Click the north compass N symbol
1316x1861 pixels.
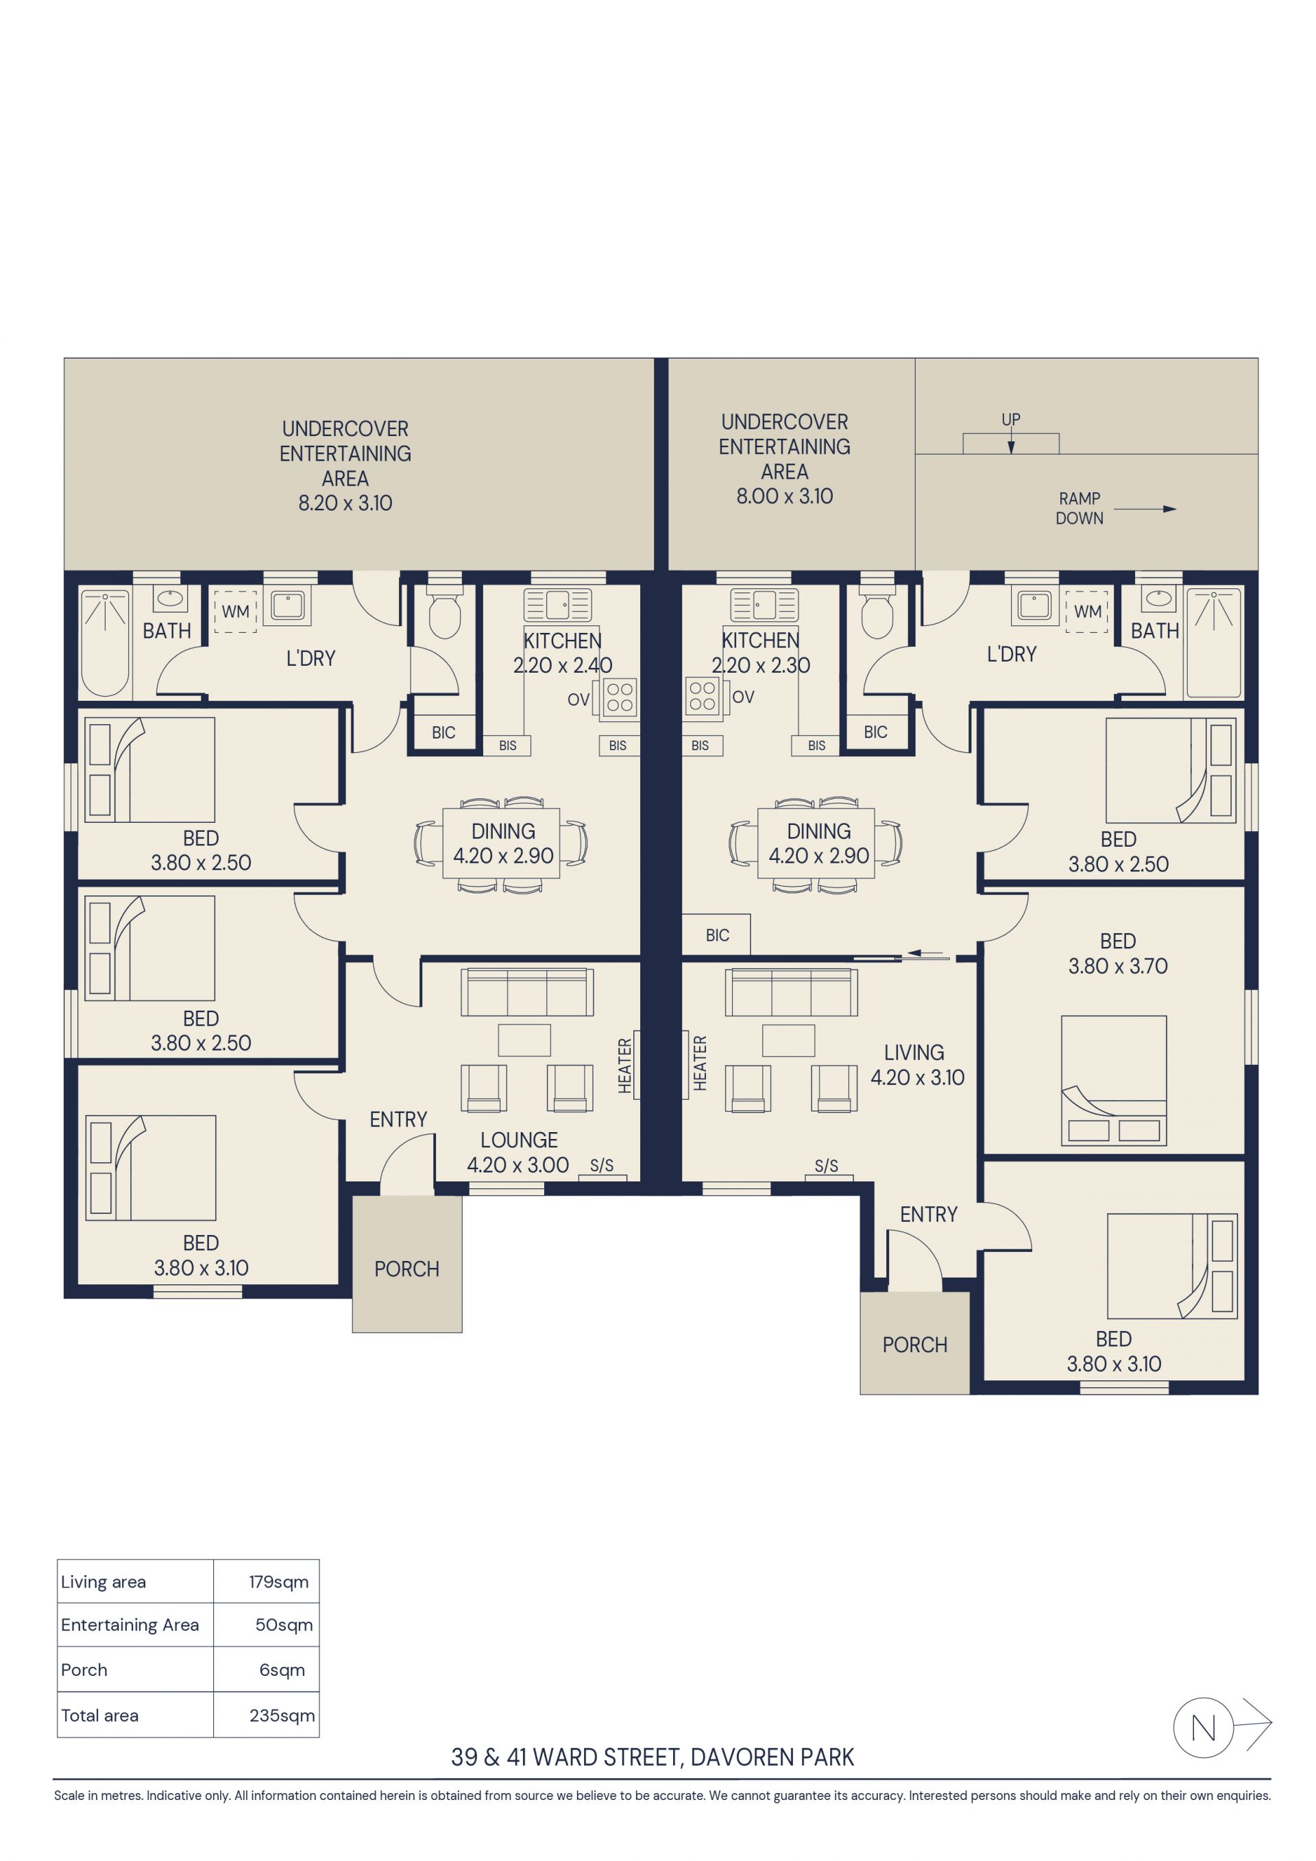point(1204,1728)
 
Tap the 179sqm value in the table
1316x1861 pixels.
point(279,1582)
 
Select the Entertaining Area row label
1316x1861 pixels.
point(130,1625)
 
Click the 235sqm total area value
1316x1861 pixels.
point(282,1716)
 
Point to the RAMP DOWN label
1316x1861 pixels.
point(1080,508)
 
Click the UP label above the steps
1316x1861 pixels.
point(1010,420)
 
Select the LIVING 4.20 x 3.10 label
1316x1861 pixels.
point(917,1065)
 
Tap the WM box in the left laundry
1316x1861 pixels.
point(236,611)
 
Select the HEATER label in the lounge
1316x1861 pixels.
point(625,1066)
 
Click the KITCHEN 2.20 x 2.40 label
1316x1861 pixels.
point(562,653)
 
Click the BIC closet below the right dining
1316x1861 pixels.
point(716,935)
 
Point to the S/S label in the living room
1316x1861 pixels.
point(826,1166)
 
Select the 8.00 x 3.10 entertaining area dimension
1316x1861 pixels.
point(784,496)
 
